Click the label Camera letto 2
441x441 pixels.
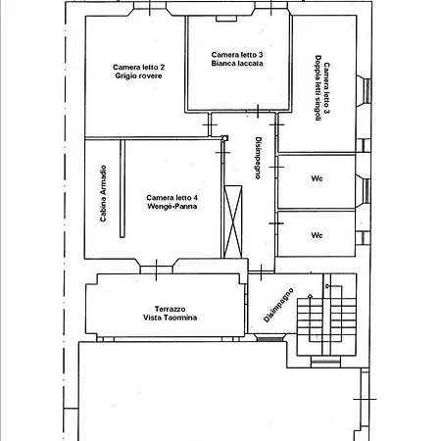pyautogui.click(x=139, y=68)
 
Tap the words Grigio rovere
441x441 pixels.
pyautogui.click(x=138, y=75)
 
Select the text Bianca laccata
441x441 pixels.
pyautogui.click(x=237, y=64)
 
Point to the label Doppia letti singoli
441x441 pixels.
pyautogui.click(x=318, y=88)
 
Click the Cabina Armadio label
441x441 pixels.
pyautogui.click(x=103, y=193)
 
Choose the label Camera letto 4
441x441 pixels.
pyautogui.click(x=171, y=198)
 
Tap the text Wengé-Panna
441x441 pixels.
pyautogui.click(x=172, y=206)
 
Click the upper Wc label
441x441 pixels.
pyautogui.click(x=317, y=178)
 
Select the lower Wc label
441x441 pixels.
pyautogui.click(x=317, y=235)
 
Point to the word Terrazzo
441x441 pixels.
pyautogui.click(x=170, y=309)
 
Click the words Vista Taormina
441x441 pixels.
pyautogui.click(x=170, y=318)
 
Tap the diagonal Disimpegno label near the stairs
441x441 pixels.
pyautogui.click(x=278, y=305)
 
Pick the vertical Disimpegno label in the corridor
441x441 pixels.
pyautogui.click(x=258, y=158)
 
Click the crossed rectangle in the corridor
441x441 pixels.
pyautogui.click(x=233, y=221)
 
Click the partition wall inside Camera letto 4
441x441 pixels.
pyautogui.click(x=122, y=189)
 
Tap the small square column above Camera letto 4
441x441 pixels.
pyautogui.click(x=224, y=138)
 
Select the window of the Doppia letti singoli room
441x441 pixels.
pyautogui.click(x=367, y=91)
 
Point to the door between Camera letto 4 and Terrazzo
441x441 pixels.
pyautogui.click(x=157, y=269)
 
